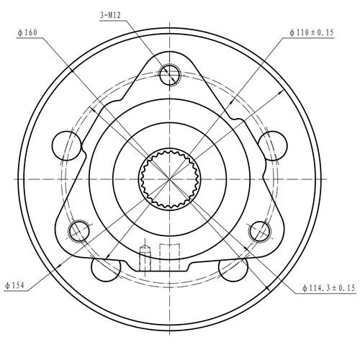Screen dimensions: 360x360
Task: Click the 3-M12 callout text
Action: pyautogui.click(x=111, y=14)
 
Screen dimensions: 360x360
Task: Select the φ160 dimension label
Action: pyautogui.click(x=27, y=32)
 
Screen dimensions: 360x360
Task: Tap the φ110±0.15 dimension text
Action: pyautogui.click(x=312, y=32)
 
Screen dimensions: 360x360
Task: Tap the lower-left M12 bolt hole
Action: pyautogui.click(x=78, y=230)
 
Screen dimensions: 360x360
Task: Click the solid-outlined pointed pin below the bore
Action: pyautogui.click(x=143, y=257)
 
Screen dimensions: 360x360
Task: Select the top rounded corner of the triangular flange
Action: pyautogui.click(x=171, y=58)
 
